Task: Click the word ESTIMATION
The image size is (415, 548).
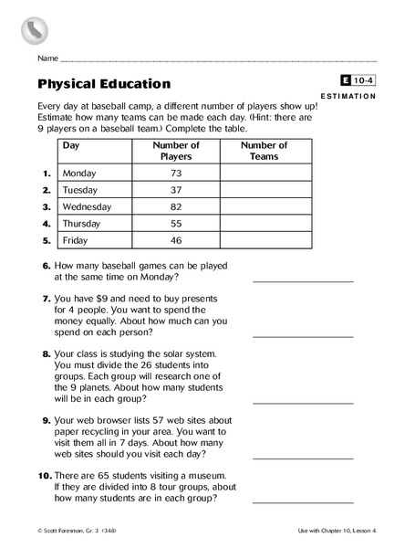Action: click(348, 95)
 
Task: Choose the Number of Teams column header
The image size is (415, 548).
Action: click(265, 151)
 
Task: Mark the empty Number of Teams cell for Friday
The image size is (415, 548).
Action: click(265, 240)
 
